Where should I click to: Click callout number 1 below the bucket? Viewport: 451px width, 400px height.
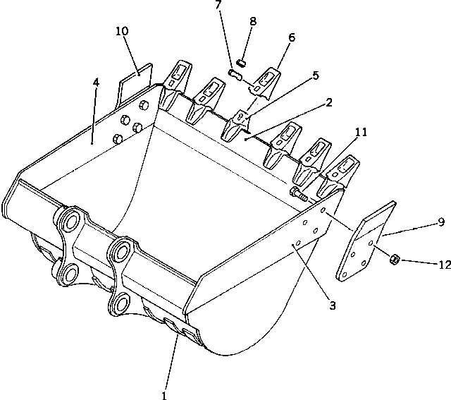pos(164,395)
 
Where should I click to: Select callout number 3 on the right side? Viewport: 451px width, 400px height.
pos(332,305)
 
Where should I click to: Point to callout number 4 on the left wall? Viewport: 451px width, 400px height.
pos(96,83)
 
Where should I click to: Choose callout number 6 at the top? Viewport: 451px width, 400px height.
pos(292,37)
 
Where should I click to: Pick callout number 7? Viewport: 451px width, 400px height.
pos(218,6)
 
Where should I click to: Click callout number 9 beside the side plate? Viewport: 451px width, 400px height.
pos(440,222)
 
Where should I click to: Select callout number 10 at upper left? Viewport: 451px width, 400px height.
pos(123,31)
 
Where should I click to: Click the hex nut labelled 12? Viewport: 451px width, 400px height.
pos(396,260)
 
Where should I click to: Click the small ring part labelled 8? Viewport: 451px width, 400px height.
pos(241,63)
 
